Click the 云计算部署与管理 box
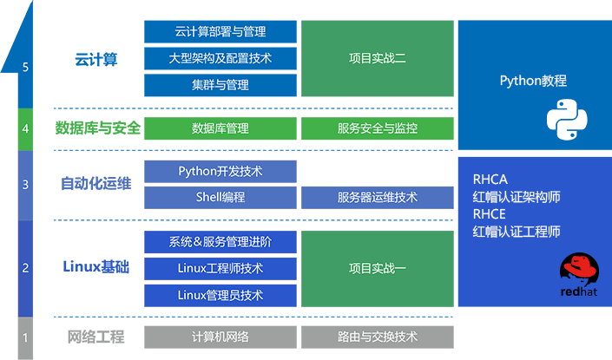220,32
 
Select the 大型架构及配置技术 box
220,59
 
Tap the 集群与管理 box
220,85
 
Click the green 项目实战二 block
378,59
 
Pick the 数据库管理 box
220,128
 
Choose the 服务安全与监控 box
378,128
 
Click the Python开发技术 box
220,172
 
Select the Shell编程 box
220,198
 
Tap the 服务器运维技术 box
378,198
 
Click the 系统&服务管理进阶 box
220,242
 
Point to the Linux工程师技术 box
220,268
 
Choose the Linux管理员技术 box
220,295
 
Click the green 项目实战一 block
378,268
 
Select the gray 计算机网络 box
220,337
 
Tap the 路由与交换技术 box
378,337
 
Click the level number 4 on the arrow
26,129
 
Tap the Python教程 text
533,81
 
